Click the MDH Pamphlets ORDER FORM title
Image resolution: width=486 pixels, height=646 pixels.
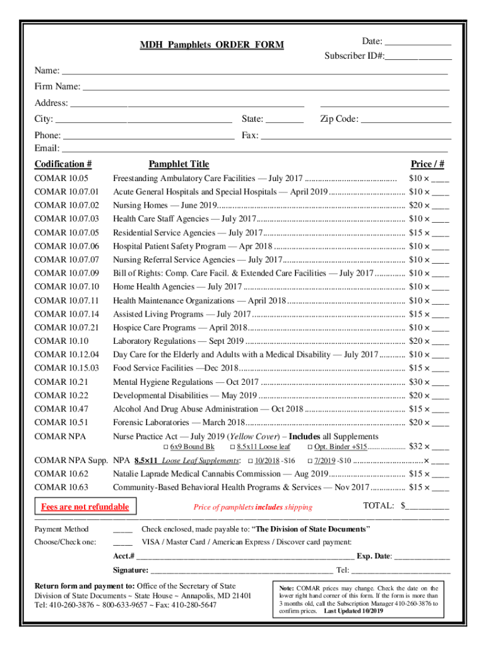[x=211, y=45]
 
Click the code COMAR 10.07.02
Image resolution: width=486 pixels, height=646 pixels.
[x=67, y=205]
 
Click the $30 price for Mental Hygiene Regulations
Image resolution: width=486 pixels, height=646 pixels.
[x=415, y=382]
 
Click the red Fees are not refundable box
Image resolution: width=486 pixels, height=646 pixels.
[x=85, y=507]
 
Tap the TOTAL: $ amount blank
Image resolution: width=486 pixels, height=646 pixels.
[x=429, y=506]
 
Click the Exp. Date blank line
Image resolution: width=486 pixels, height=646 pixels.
[x=422, y=556]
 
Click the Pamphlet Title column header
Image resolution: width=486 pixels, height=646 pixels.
[x=179, y=165]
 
